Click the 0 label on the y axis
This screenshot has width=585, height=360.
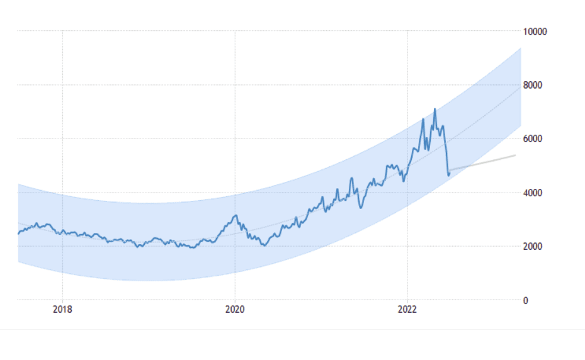pyautogui.click(x=526, y=300)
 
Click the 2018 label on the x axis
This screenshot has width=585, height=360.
pyautogui.click(x=62, y=309)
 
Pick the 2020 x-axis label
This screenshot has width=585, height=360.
pyautogui.click(x=235, y=309)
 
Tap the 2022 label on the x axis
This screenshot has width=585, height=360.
pyautogui.click(x=407, y=309)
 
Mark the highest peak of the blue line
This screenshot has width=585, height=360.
pyautogui.click(x=434, y=109)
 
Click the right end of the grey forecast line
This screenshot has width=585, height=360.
pyautogui.click(x=516, y=155)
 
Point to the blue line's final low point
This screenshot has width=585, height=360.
pyautogui.click(x=448, y=175)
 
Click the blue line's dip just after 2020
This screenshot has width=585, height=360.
pyautogui.click(x=264, y=245)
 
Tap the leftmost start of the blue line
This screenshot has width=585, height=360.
pyautogui.click(x=18, y=234)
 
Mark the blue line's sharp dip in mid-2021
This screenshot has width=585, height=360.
pyautogui.click(x=360, y=208)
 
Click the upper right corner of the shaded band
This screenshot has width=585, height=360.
pyautogui.click(x=521, y=48)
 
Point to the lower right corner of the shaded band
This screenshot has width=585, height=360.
pyautogui.click(x=521, y=125)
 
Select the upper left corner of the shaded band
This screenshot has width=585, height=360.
pyautogui.click(x=18, y=184)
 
